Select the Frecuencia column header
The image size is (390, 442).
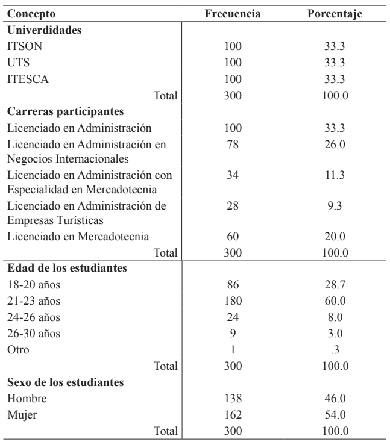click(x=233, y=14)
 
